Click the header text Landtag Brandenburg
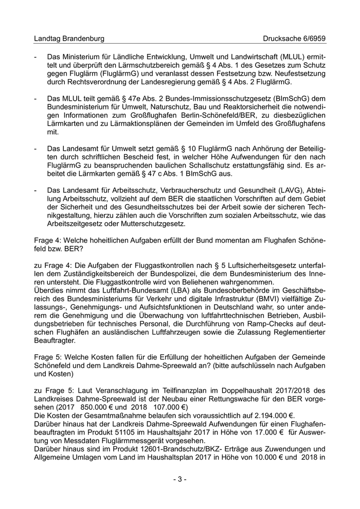(69, 39)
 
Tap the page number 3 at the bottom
(179, 479)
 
